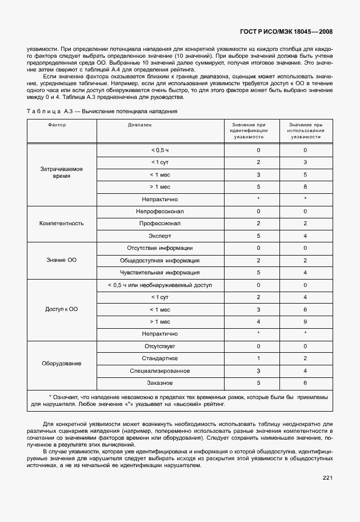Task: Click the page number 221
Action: (327, 477)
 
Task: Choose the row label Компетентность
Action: (62, 224)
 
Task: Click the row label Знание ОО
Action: (62, 260)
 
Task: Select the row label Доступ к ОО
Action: (62, 309)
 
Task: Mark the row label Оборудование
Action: (62, 364)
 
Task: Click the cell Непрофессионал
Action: (159, 211)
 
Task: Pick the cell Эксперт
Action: (159, 236)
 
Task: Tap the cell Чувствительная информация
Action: (159, 273)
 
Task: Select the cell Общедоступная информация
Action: (159, 260)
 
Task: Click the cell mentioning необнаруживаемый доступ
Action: (159, 285)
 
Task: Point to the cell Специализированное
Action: (159, 371)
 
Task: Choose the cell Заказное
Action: (159, 383)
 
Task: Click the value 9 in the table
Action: (305, 321)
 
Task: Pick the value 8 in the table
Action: (305, 186)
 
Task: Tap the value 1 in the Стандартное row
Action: (258, 358)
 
